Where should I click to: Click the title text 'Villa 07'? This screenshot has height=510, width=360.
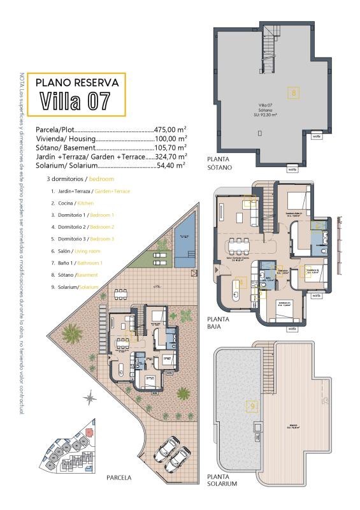pyautogui.click(x=75, y=101)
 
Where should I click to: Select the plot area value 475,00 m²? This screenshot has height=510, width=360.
pyautogui.click(x=170, y=129)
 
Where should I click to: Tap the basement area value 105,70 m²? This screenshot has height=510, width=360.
pyautogui.click(x=170, y=147)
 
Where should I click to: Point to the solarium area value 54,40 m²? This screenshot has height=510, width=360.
pyautogui.click(x=171, y=164)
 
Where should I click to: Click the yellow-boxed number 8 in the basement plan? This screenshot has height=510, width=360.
pyautogui.click(x=293, y=93)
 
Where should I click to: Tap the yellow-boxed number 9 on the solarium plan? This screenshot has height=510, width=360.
pyautogui.click(x=253, y=405)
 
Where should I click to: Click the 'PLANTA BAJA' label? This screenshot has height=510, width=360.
pyautogui.click(x=218, y=322)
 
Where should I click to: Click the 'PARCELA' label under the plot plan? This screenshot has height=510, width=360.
pyautogui.click(x=119, y=477)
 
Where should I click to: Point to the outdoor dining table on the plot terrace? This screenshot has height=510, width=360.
pyautogui.click(x=121, y=294)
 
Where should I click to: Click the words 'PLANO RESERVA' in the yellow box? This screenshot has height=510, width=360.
pyautogui.click(x=76, y=82)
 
